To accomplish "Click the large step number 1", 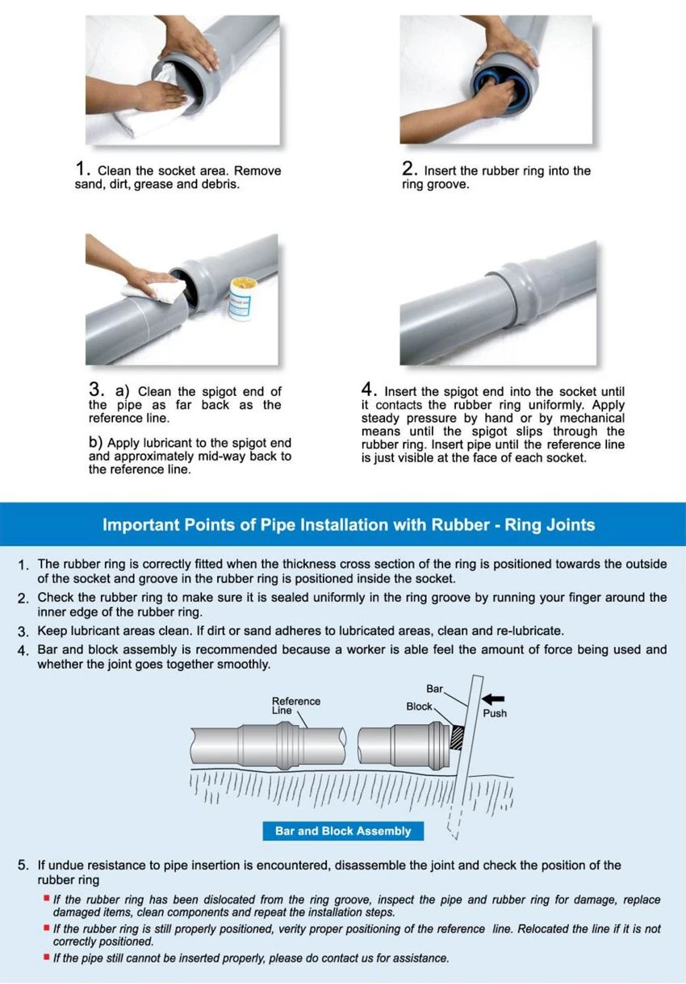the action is click(81, 168).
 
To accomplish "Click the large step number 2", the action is click(407, 168).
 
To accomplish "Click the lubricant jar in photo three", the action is click(241, 299).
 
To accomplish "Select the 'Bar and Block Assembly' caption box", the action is click(343, 831).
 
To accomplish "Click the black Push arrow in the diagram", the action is click(493, 698).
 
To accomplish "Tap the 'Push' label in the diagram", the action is click(495, 713).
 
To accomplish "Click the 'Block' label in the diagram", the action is click(419, 706).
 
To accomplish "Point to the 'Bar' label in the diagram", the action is click(435, 688).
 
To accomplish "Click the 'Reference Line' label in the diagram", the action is click(295, 705).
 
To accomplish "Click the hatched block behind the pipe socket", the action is click(457, 737).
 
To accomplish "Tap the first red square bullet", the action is click(46, 898).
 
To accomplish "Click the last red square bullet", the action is click(46, 957).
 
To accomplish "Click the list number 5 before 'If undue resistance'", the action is click(23, 865).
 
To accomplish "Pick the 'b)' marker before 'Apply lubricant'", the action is click(95, 442).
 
